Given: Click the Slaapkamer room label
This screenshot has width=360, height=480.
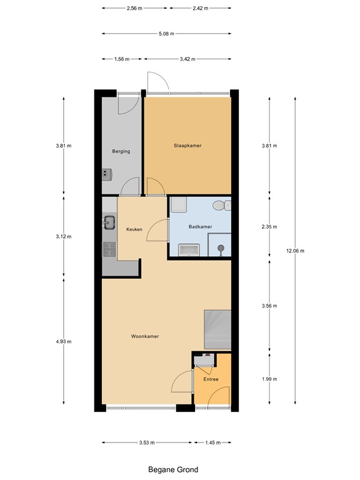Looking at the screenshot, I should (187, 146).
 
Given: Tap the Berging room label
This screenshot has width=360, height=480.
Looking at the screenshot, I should (121, 151).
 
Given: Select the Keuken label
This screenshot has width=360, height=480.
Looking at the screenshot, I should (134, 229).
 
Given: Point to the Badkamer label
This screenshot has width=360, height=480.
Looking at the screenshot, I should (200, 227).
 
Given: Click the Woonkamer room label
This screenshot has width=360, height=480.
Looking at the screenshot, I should (144, 336).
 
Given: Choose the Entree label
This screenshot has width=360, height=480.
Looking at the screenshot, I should (211, 378).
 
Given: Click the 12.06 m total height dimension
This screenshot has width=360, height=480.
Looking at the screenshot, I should (296, 251).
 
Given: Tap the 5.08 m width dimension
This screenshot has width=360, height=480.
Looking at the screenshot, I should (166, 34).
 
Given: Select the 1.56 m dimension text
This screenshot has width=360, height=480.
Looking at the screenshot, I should (122, 59).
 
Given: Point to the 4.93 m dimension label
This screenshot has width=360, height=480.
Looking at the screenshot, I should (64, 341).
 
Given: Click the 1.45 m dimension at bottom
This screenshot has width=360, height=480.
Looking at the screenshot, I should (213, 442).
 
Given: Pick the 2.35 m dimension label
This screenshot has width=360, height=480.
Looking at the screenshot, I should (269, 227).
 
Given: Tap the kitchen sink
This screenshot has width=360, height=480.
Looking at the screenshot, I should (110, 221).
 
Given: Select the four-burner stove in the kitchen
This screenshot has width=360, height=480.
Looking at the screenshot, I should (109, 249).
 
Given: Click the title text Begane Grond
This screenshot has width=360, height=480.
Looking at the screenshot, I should (173, 469).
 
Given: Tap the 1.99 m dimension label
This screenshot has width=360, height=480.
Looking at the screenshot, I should (269, 379).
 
